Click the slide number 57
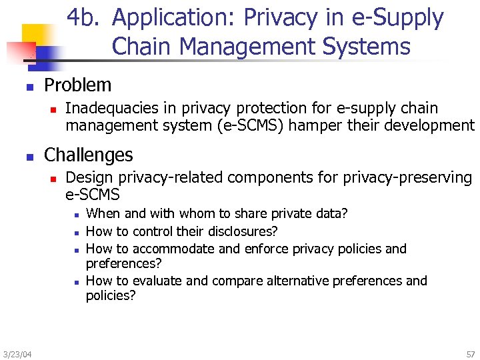[471, 353]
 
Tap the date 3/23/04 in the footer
[17, 353]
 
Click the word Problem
[77, 85]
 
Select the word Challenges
[89, 155]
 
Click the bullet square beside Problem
[29, 86]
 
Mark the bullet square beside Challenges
[29, 156]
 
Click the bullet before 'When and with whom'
[77, 215]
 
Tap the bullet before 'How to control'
[77, 232]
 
